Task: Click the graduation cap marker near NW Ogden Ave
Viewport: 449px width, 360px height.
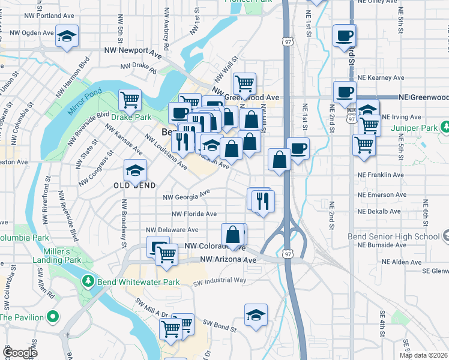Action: [67, 36]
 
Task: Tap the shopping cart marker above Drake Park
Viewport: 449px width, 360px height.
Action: [130, 100]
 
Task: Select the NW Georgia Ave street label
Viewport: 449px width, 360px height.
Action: [187, 195]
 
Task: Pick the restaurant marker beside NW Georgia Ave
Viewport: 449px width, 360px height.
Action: [262, 201]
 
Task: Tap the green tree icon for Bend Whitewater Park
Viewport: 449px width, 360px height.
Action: [88, 281]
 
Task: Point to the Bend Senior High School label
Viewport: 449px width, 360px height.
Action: [394, 236]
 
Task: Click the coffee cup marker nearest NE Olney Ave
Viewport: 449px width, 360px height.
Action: [345, 35]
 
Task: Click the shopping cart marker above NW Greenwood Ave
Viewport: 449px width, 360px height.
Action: [244, 83]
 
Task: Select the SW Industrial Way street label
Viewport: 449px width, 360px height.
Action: [219, 280]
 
